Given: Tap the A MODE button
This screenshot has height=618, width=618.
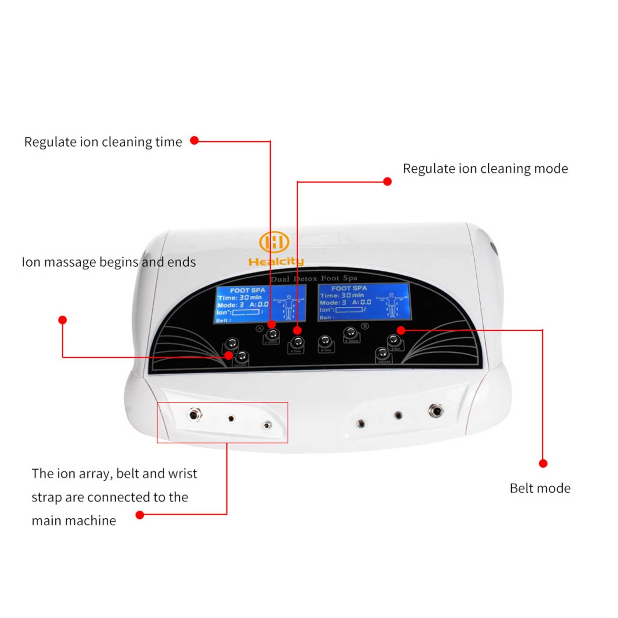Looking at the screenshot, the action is point(272,335).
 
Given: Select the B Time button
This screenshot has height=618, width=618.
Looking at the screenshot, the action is point(325,342).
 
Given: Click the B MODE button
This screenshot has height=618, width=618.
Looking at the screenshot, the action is point(351,333).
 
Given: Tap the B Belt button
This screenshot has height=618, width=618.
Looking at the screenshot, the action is point(394,341).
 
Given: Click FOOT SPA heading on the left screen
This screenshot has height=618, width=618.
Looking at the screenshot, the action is point(247,290).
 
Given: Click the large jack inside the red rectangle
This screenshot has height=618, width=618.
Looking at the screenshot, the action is point(194,414).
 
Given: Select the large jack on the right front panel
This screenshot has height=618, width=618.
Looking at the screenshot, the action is point(435,410).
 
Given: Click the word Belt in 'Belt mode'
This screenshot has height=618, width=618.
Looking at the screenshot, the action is point(522,488).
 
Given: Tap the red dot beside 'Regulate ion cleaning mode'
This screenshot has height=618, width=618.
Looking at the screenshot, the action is point(387,181).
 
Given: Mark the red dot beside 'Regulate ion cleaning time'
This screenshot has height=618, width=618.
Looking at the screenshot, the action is point(194,140).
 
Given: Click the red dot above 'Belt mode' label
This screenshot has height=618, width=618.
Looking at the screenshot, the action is point(543,463).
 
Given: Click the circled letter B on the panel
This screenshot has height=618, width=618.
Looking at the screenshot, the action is point(365,326).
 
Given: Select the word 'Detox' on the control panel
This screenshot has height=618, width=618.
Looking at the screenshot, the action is point(305,279).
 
